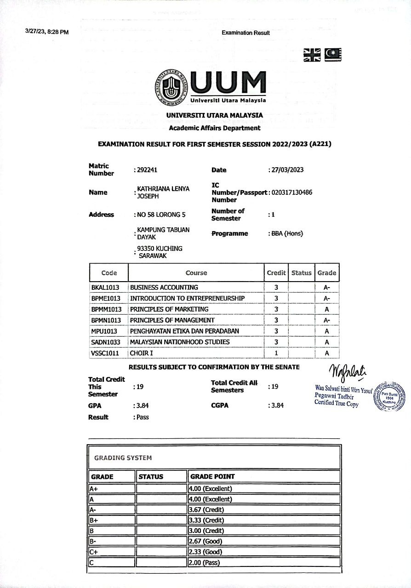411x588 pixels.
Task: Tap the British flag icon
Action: [312, 55]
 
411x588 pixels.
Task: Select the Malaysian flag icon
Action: [333, 55]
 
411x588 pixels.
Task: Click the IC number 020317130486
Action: [292, 192]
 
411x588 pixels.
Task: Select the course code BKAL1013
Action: [106, 287]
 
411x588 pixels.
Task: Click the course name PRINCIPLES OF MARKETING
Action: [169, 309]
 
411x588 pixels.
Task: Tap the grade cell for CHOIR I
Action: [327, 353]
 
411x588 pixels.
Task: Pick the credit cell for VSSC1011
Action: [276, 353]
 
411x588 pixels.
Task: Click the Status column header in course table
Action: [301, 273]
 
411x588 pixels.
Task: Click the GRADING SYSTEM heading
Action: [123, 458]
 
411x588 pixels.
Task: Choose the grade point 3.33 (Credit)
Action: [206, 520]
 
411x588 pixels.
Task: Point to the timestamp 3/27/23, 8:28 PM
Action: [47, 32]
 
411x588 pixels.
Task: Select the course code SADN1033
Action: [106, 342]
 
